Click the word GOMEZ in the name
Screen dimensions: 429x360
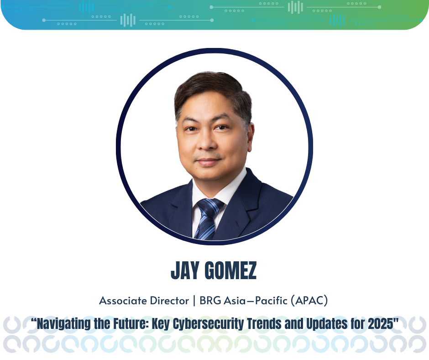231,270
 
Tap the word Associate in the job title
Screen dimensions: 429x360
123,301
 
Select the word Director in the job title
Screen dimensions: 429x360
169,301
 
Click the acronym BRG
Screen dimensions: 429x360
210,301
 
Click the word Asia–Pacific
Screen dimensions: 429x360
256,301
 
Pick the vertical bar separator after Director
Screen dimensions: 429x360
194,301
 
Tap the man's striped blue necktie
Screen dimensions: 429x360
208,219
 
